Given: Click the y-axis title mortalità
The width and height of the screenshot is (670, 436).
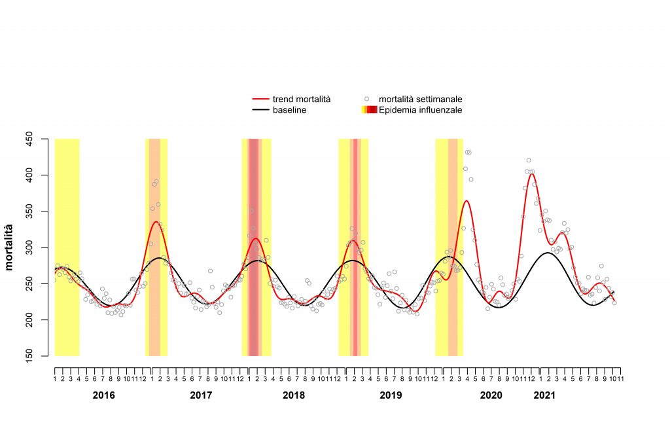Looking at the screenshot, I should point(10,247).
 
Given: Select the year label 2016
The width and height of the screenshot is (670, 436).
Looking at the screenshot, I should point(103,395).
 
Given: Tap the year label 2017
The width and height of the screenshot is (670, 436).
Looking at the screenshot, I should point(201,395).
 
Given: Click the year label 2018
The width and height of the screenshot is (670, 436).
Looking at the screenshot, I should point(294,395).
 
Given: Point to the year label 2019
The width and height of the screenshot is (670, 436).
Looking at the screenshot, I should point(391,395).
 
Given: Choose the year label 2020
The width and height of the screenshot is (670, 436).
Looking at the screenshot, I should point(491,395).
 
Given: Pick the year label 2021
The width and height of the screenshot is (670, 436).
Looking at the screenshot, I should point(544,395).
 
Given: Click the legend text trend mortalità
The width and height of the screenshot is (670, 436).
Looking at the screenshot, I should point(302,100).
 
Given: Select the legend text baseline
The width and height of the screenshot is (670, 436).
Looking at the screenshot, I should point(290,110).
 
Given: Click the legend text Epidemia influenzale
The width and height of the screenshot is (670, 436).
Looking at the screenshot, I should point(421,110).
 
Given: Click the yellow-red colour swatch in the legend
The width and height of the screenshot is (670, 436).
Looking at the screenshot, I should point(369,110).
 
